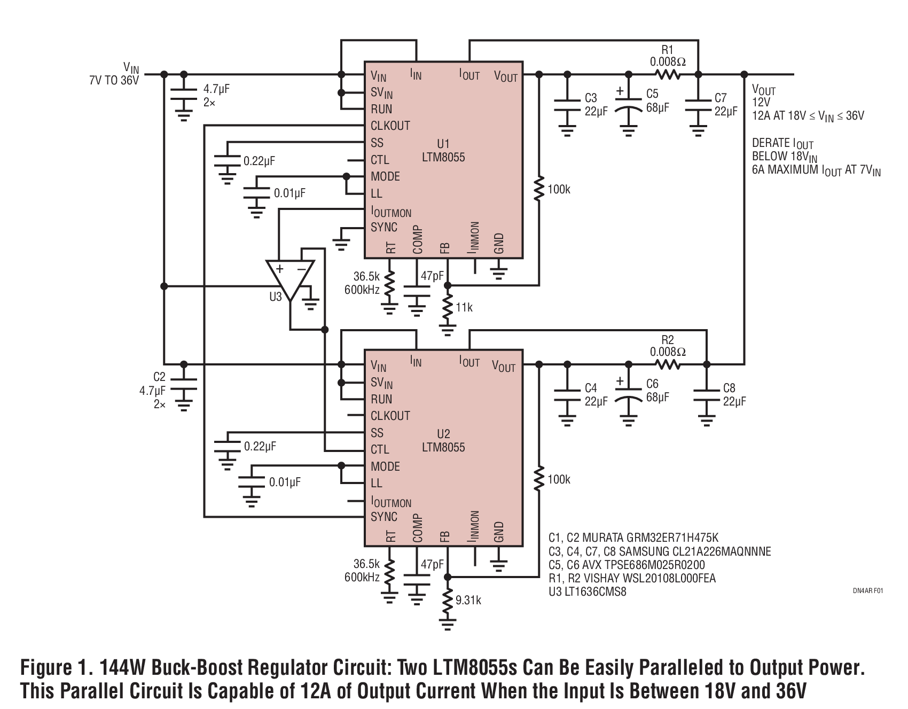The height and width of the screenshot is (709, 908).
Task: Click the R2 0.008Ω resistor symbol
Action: click(667, 365)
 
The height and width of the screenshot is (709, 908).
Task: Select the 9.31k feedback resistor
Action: click(448, 601)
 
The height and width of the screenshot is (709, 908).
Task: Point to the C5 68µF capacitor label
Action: click(657, 101)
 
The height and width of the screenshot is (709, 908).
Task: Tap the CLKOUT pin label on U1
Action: click(390, 126)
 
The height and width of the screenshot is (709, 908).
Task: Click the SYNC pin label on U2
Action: click(384, 517)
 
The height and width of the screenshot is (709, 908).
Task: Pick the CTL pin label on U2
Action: click(380, 449)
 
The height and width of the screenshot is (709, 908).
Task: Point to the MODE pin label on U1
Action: click(385, 176)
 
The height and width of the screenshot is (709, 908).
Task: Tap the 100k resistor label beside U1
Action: click(559, 190)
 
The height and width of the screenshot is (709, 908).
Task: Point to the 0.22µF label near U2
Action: click(260, 446)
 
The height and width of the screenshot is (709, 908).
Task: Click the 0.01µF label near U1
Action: click(289, 193)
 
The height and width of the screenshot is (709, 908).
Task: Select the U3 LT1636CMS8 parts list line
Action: click(587, 592)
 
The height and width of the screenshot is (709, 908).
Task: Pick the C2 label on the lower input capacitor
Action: click(159, 377)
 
